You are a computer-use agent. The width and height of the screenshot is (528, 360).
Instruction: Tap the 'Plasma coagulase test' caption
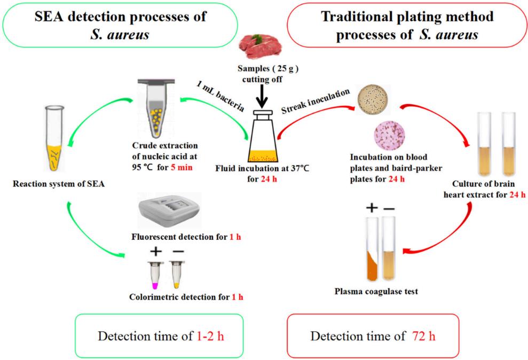click(x=375, y=291)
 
